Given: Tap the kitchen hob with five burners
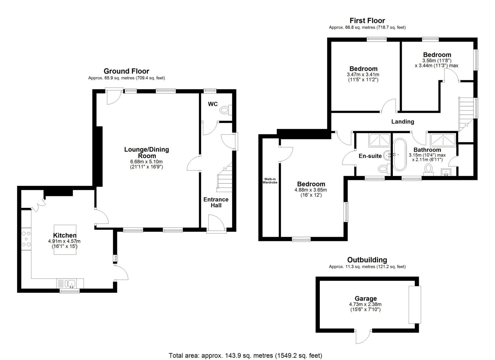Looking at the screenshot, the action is point(26,239).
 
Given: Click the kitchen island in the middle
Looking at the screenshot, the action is point(65,240).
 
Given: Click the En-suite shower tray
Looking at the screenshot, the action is point(379,140).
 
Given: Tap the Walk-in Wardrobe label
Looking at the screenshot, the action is point(270,181).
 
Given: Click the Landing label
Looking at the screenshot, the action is point(402,122).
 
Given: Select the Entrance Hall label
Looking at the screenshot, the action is point(216,202).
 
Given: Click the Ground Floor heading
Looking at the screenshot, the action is point(127,71).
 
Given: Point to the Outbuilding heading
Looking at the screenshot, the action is point(367,260).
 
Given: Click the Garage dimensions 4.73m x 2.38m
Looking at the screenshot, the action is point(365,304).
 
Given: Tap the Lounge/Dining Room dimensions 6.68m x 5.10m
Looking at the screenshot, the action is point(146,162).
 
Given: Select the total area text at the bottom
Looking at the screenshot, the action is point(246,356).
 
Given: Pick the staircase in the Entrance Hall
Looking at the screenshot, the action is point(225,177).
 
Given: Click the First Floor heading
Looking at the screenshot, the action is point(367,20).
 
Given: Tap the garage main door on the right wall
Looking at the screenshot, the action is point(415,305).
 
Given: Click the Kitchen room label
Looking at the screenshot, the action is point(65,235).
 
